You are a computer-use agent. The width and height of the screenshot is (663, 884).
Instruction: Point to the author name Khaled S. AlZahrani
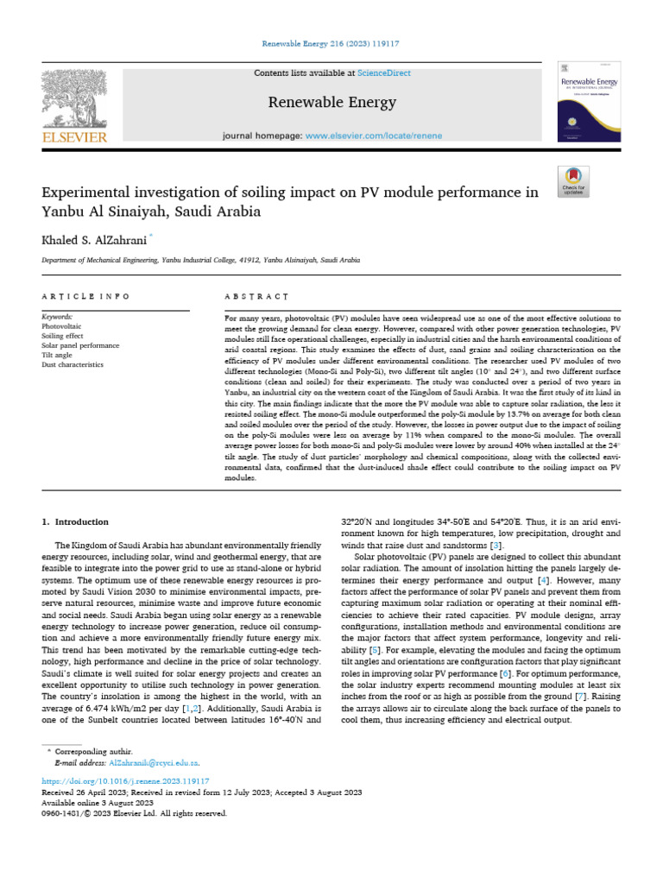point(94,237)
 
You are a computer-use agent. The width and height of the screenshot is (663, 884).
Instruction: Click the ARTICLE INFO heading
point(85,296)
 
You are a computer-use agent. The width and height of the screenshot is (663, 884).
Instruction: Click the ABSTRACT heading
point(256,296)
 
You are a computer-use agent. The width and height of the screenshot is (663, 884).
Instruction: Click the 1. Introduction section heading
point(75,521)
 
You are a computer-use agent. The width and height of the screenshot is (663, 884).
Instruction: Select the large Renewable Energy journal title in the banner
point(331,103)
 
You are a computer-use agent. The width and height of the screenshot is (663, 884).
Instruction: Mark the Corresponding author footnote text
point(90,753)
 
